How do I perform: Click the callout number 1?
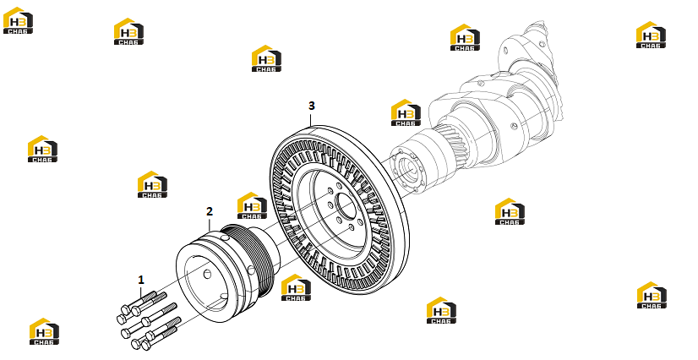point(141,280)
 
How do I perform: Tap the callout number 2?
point(210,211)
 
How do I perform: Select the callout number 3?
point(312,106)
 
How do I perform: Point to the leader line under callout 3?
point(312,118)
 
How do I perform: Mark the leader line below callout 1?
point(141,292)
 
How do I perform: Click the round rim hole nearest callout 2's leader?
point(226,238)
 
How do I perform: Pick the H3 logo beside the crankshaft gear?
point(406,112)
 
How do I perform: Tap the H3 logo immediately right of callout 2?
point(252,205)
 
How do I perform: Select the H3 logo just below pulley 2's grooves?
point(296,287)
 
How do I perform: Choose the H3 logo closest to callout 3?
point(266,58)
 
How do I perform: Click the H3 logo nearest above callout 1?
point(152,184)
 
